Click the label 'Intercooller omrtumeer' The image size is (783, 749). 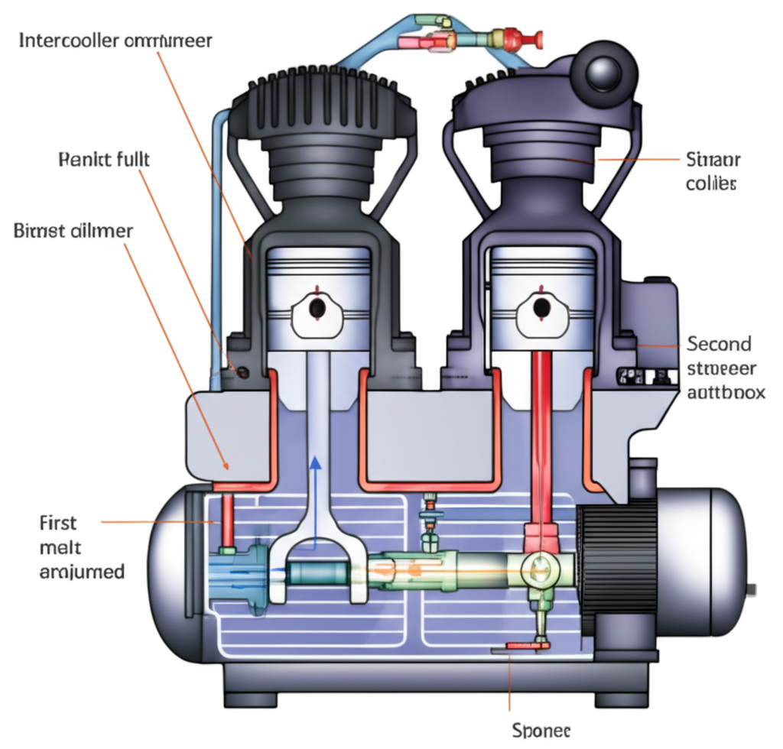115,41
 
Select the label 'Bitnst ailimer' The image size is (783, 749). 73,230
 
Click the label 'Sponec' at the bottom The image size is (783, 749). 540,730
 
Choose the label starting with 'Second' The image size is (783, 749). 721,368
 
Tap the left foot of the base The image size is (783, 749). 262,698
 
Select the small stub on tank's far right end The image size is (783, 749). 753,588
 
